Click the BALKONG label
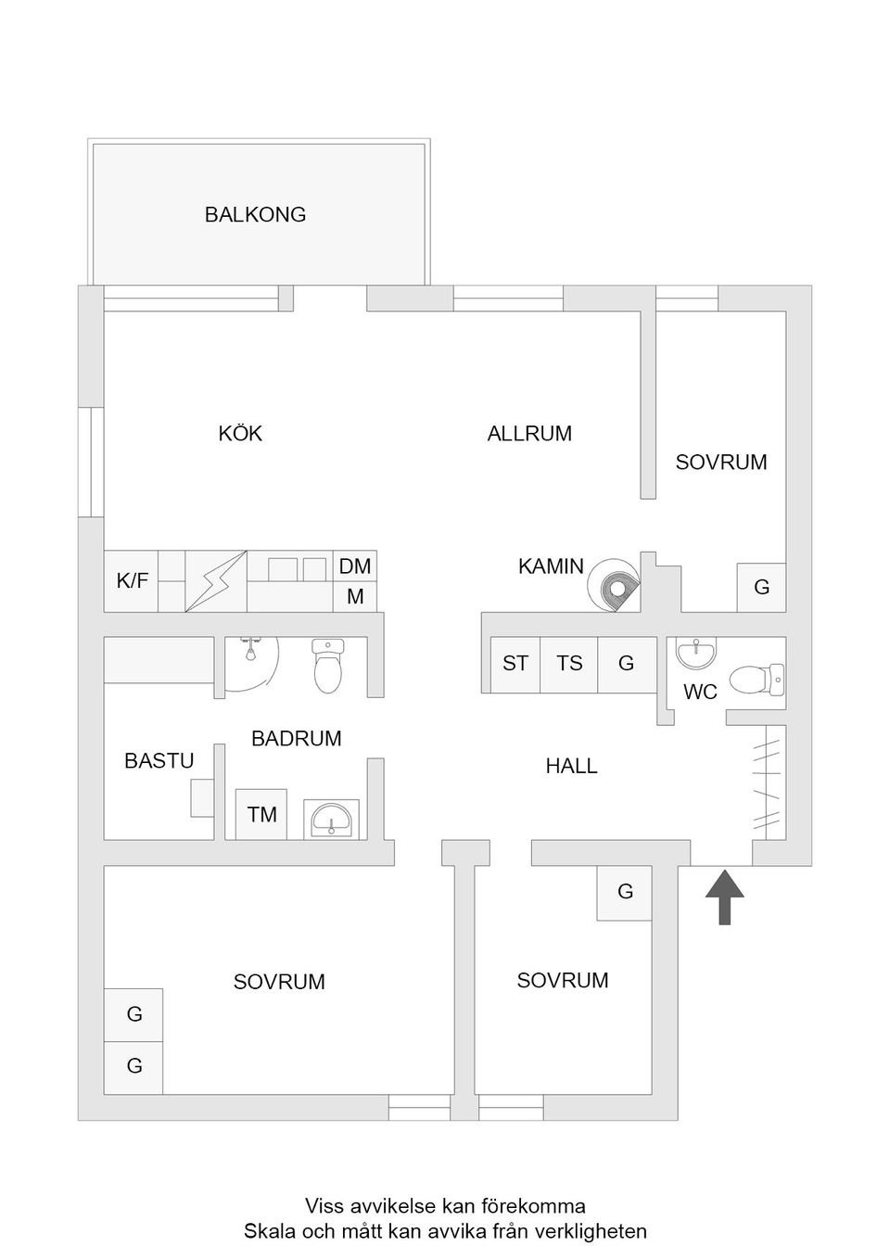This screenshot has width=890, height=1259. (255, 214)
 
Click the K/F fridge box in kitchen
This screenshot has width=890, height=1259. (132, 581)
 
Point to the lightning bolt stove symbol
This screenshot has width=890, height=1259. (216, 581)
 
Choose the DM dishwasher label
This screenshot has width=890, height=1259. (355, 566)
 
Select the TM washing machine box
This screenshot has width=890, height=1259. (261, 815)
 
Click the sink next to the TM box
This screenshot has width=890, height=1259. (331, 820)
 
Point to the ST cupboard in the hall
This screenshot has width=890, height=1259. (515, 664)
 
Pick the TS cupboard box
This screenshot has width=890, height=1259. (569, 664)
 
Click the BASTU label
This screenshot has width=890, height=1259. (159, 761)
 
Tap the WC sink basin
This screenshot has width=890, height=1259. (695, 654)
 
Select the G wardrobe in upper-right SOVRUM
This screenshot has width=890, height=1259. (761, 587)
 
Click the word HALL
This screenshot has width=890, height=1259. (571, 767)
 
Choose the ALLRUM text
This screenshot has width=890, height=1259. (529, 433)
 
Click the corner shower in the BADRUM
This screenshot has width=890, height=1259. (249, 660)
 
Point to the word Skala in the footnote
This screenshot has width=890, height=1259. (270, 1232)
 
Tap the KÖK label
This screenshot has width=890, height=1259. (240, 433)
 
